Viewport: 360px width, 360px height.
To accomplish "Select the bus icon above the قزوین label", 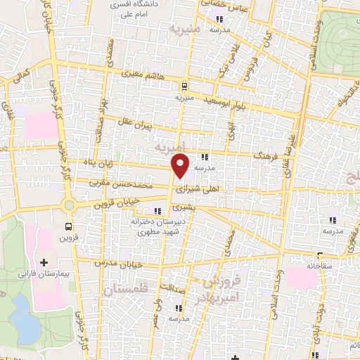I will (69, 226).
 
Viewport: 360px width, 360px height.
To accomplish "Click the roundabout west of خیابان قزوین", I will (69, 205).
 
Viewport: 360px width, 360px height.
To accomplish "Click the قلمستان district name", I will (127, 290).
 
